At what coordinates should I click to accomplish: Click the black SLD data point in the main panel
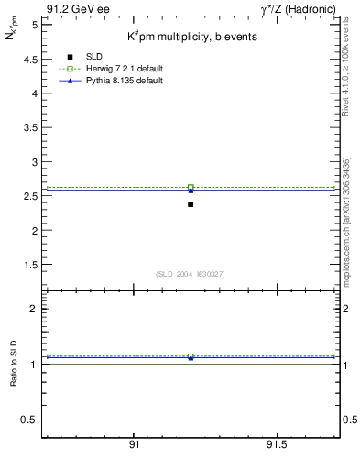(x=191, y=203)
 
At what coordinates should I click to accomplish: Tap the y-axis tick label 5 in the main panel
(x=34, y=25)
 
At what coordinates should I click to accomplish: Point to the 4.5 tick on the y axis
(x=30, y=59)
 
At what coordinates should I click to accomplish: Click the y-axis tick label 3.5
(x=30, y=127)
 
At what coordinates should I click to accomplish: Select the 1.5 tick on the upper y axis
(x=30, y=265)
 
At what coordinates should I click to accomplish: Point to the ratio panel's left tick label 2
(x=34, y=309)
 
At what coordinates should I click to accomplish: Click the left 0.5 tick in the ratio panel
(x=30, y=420)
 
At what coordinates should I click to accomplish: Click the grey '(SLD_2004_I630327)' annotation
(x=191, y=274)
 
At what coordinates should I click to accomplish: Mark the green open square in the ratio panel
(x=191, y=356)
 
